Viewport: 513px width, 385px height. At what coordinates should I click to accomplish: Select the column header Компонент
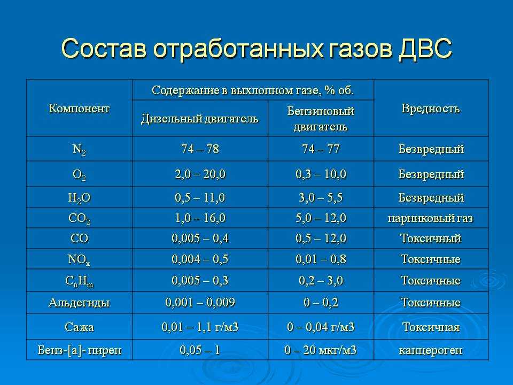[x=79, y=108]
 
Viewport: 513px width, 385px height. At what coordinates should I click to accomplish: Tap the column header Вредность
[x=431, y=109]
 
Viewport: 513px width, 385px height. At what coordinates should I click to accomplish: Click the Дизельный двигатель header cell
[x=199, y=119]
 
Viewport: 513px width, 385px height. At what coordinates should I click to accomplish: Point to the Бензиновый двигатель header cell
[x=321, y=119]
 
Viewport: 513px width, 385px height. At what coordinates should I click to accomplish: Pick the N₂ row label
[x=79, y=150]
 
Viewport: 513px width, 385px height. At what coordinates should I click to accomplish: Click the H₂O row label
[x=79, y=198]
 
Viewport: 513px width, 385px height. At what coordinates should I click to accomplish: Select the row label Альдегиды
[x=79, y=303]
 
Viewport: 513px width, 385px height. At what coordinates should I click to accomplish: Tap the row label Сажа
[x=79, y=327]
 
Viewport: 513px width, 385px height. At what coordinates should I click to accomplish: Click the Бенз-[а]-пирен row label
[x=80, y=350]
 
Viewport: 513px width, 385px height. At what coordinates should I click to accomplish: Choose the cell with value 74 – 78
[x=200, y=149]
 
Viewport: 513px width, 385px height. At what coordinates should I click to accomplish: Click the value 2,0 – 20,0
[x=200, y=174]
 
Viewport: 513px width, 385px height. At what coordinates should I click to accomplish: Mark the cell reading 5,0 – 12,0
[x=321, y=218]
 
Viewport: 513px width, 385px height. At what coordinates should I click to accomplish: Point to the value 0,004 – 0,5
[x=200, y=259]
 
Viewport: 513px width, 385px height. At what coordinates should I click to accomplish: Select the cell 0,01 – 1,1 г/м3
[x=200, y=327]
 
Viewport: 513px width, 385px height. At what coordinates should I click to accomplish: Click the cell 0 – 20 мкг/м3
[x=321, y=350]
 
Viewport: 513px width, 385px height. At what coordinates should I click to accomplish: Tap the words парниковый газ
[x=431, y=218]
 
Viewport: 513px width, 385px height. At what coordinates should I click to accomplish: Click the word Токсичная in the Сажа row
[x=431, y=327]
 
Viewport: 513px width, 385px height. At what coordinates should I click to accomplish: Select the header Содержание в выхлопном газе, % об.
[x=253, y=90]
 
